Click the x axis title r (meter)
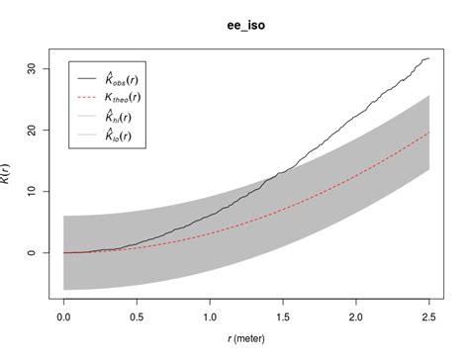click(246, 345)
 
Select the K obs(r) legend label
click(127, 77)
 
